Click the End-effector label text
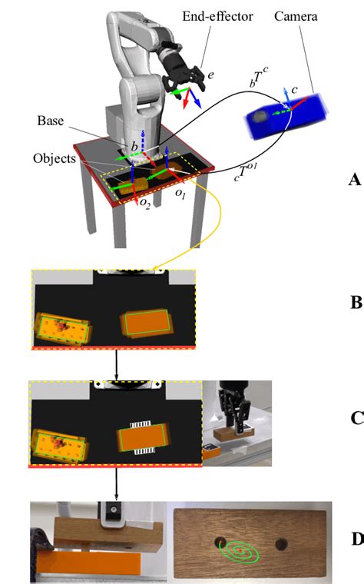point(217,16)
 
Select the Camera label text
point(296,16)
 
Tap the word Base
point(50,121)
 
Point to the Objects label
point(55,158)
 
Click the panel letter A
point(355,180)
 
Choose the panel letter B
point(356,303)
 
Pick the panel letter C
point(356,418)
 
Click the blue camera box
point(286,116)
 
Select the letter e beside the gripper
point(210,75)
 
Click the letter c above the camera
point(294,89)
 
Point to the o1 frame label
point(180,194)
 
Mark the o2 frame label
point(145,204)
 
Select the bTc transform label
point(259,76)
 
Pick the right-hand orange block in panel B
point(147,323)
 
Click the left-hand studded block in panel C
point(61,446)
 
